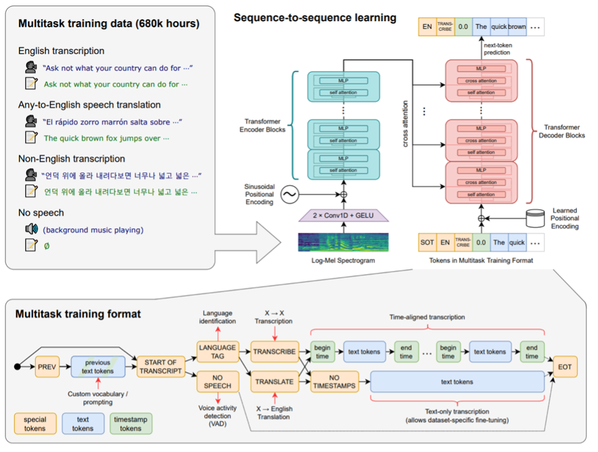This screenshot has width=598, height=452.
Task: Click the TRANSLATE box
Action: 274,382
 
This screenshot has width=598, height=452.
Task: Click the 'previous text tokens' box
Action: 98,366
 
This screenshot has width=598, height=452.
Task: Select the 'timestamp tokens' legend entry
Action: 132,423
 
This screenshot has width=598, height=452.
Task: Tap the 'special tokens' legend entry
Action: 35,423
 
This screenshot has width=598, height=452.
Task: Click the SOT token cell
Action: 427,242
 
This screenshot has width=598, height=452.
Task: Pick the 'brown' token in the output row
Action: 517,26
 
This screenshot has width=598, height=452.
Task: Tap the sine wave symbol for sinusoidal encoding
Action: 289,195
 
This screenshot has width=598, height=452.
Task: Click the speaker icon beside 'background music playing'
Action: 31,229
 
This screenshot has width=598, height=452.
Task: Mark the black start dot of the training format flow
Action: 18,367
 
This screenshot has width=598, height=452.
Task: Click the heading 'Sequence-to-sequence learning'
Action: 315,18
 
